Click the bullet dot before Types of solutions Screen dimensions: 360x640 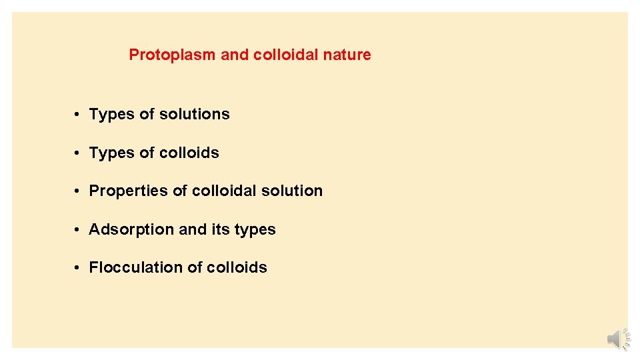78,115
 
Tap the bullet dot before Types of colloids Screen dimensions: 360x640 78,153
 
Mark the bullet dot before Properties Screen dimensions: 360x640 78,191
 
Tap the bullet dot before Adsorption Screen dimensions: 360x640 78,229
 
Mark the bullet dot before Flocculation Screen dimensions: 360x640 78,267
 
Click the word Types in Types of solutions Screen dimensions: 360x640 111,115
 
